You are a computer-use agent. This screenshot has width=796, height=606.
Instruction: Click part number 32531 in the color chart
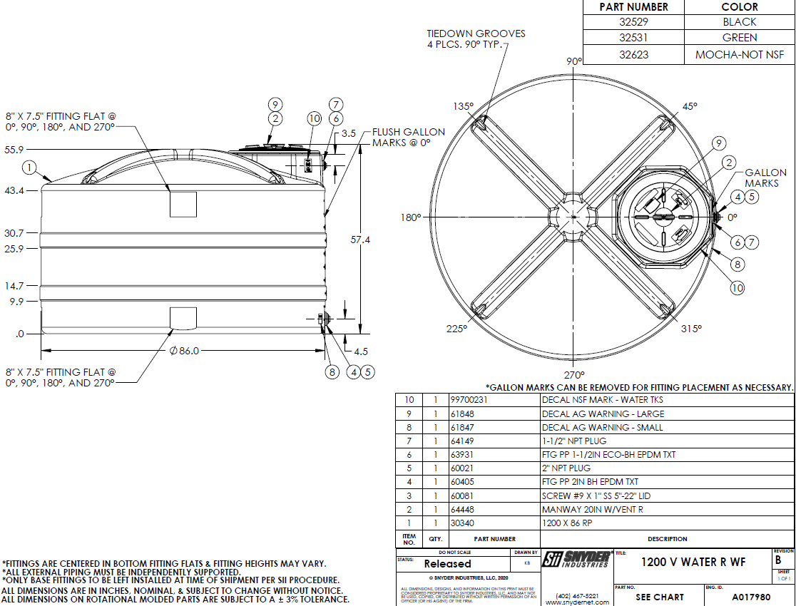coord(633,38)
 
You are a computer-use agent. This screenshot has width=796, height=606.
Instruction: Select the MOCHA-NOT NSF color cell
coord(740,54)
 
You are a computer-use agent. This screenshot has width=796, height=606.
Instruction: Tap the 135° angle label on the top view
coord(463,106)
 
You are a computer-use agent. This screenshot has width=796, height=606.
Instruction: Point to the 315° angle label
coord(690,329)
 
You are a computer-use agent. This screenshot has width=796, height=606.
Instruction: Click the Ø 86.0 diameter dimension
coord(183,351)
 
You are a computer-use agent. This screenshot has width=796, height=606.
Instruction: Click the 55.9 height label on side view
coord(14,150)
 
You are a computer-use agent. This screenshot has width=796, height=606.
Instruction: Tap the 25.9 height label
coord(14,249)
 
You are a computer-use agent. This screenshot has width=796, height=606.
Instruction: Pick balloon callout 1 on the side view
coord(29,168)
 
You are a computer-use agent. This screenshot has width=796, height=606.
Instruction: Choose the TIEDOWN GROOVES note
coord(476,38)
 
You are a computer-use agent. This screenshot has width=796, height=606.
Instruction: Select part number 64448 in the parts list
coord(463,510)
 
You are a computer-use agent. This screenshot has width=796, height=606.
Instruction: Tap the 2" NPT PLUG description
coord(567,469)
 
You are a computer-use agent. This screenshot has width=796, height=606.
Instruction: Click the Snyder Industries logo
coord(576,559)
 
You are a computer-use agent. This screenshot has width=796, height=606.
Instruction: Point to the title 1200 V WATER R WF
coord(693,562)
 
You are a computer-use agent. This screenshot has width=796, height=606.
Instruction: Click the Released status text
coord(447,563)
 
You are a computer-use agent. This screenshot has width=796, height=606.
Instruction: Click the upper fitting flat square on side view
coord(183,204)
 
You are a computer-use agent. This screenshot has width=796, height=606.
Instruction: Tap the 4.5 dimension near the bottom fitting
coord(361,351)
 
